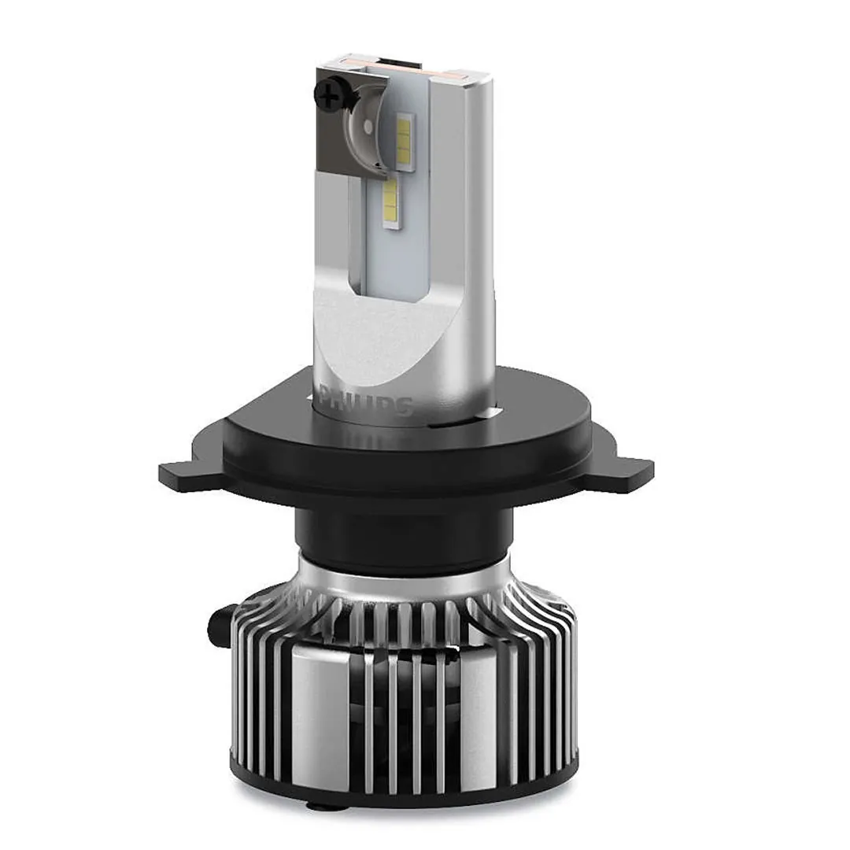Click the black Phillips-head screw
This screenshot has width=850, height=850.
point(326,97)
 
